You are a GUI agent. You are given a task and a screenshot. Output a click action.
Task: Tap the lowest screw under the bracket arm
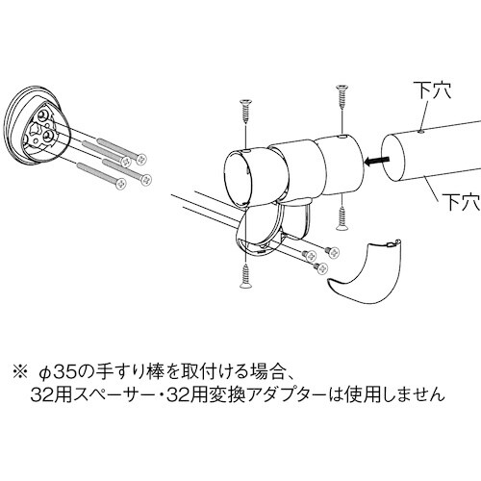tap(242, 277)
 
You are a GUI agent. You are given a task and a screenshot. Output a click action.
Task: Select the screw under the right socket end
tap(342, 216)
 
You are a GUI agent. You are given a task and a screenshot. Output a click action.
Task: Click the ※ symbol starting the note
tap(20, 368)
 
